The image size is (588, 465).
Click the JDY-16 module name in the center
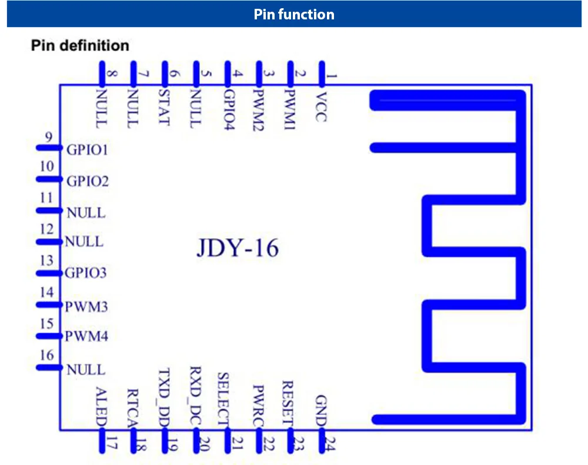tap(238, 248)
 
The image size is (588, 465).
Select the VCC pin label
tap(321, 107)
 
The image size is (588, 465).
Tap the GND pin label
tap(321, 411)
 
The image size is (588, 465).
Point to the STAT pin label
tap(164, 107)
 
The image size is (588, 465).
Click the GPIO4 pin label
tap(229, 109)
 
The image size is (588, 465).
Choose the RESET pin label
tap(288, 403)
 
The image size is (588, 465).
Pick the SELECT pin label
tap(223, 399)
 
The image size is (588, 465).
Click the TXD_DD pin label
tap(164, 397)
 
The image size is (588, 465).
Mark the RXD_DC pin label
tap(196, 396)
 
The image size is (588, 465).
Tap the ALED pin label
tap(102, 407)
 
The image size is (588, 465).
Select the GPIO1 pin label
tap(87, 150)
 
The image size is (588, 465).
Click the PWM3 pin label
tap(86, 307)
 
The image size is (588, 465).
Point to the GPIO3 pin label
tap(85, 273)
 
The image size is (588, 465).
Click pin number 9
tap(49, 137)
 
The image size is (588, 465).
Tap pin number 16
tap(47, 354)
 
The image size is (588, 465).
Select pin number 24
tap(330, 444)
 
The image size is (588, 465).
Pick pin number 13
tap(47, 260)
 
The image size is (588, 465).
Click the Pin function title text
tap(294, 14)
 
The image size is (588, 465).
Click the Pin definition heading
tap(80, 45)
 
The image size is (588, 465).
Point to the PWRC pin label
tap(258, 406)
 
